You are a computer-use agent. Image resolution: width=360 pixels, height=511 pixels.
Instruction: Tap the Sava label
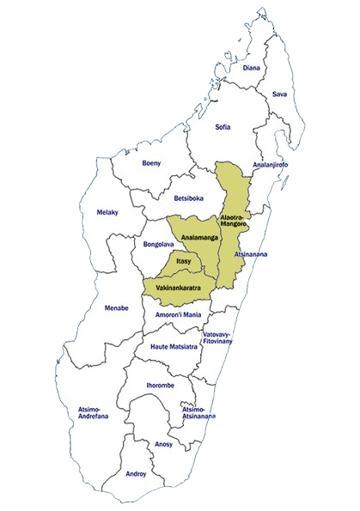pyautogui.click(x=279, y=94)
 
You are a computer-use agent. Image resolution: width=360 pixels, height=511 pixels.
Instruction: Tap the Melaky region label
pyautogui.click(x=108, y=212)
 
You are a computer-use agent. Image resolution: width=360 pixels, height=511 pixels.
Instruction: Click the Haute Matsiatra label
pyautogui.click(x=174, y=346)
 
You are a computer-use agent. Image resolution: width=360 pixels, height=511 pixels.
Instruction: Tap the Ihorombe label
pyautogui.click(x=162, y=385)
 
